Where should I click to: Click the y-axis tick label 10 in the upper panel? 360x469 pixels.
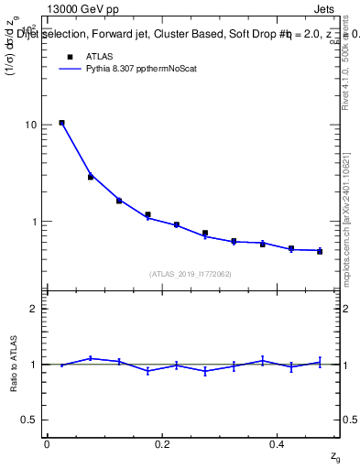coord(31,125)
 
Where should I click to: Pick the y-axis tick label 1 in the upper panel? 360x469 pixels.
coord(34,222)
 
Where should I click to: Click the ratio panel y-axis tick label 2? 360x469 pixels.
coord(34,309)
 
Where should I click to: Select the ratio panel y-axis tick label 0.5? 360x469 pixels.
coord(29,420)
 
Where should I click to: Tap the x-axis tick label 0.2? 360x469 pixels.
coord(162,444)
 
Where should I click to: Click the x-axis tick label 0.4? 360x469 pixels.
coord(278,444)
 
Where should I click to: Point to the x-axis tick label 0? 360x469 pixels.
coord(47,444)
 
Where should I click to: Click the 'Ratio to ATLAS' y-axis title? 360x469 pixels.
coord(14,364)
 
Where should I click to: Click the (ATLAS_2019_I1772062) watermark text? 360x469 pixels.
coord(191,273)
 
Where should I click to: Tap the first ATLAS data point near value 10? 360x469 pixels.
coord(61,123)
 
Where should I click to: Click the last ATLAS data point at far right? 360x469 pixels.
coord(320,251)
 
